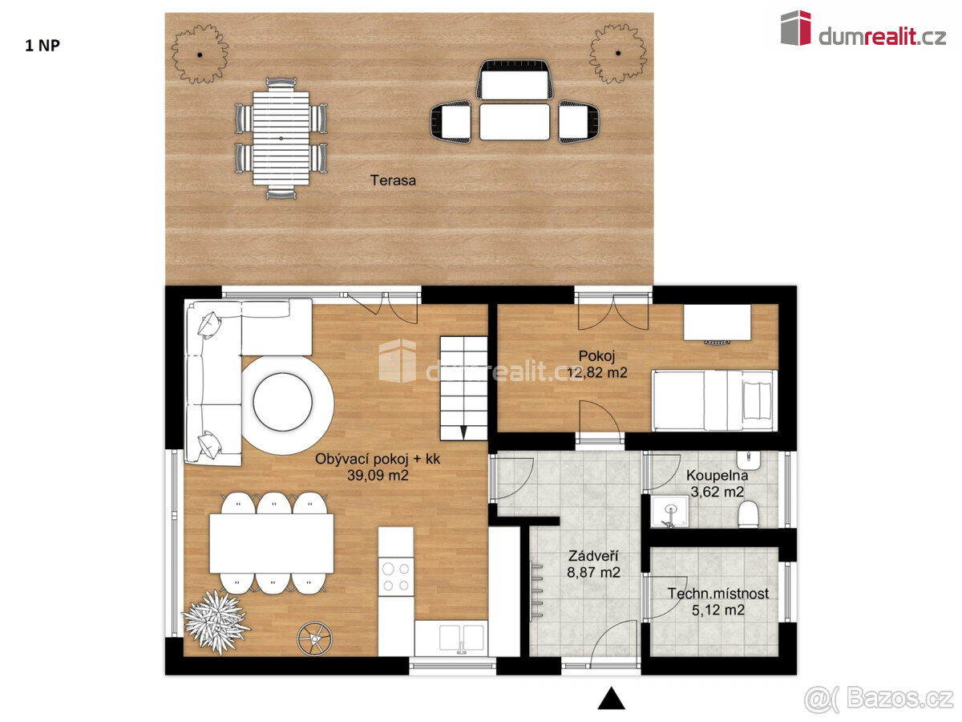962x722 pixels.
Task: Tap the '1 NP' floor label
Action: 42,45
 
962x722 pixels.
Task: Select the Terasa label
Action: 393,180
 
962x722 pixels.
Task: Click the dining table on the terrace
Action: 281,138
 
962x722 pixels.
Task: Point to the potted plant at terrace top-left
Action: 200,54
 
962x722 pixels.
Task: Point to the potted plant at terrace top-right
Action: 618,54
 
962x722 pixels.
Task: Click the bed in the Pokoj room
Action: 713,400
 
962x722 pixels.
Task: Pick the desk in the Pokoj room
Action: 717,322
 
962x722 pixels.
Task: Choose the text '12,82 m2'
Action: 596,372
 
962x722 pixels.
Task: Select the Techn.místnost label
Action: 718,594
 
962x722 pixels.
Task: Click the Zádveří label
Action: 593,555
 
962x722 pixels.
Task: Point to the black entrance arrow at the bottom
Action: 611,699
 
